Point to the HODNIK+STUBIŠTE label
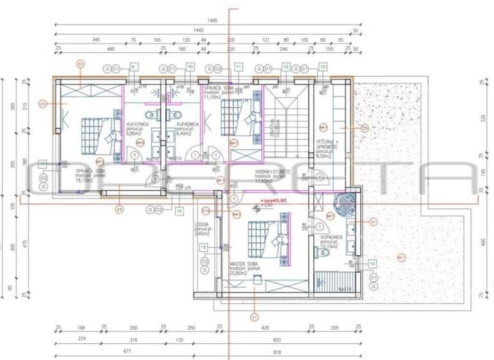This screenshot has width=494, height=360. [x=274, y=172]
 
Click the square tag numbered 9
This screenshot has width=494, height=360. [x=134, y=66]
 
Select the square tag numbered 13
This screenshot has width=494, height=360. [x=323, y=66]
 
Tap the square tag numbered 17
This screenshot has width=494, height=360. [x=43, y=165]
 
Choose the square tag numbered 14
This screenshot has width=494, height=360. [x=372, y=263]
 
